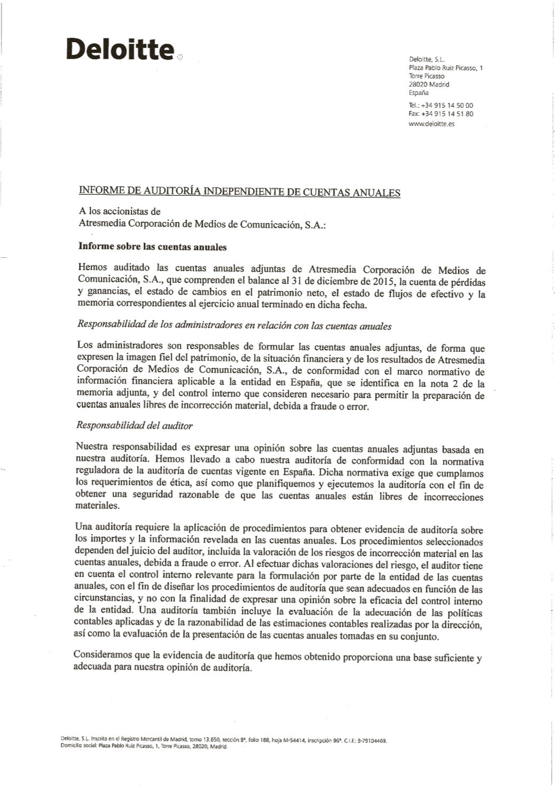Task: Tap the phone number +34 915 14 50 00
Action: pos(447,106)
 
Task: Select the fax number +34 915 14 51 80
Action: pos(447,114)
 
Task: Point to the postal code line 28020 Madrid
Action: pos(429,84)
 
